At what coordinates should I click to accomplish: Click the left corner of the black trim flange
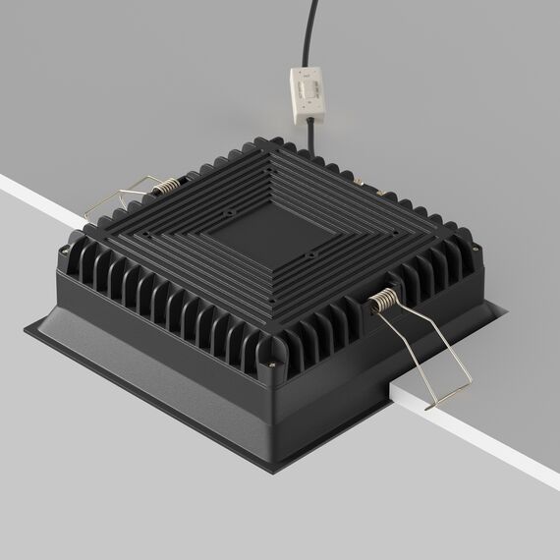click(28, 328)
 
